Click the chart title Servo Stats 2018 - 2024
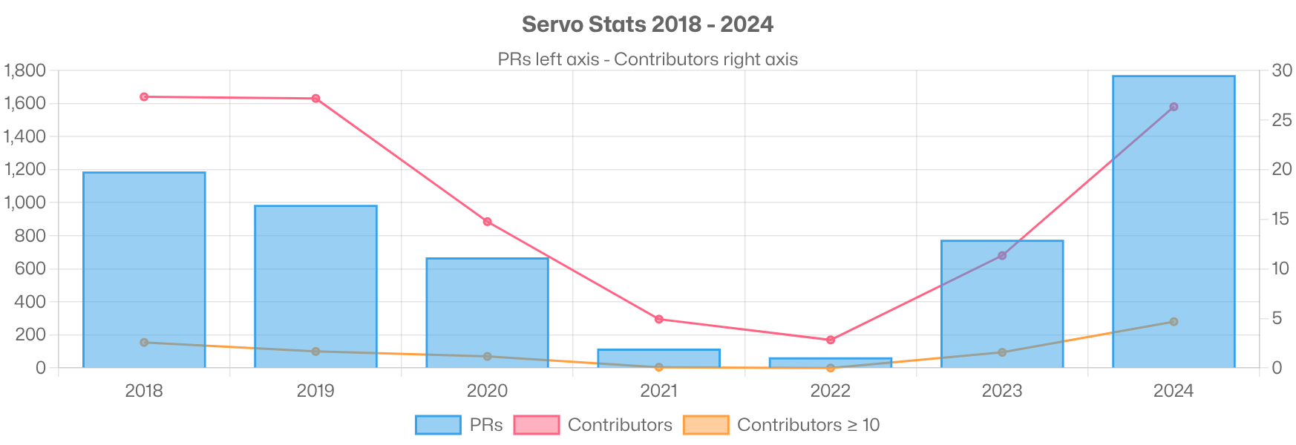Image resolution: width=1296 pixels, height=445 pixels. tap(647, 24)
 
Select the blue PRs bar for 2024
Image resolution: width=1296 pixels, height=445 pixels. tap(1174, 222)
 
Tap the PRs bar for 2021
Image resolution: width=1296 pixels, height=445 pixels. tap(658, 357)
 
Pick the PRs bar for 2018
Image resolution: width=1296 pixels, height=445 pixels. tap(144, 267)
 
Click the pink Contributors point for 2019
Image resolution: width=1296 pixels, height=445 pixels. tap(315, 99)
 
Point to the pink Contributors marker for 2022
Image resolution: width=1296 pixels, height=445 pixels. tap(831, 340)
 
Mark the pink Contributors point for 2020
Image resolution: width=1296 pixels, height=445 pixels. tap(487, 222)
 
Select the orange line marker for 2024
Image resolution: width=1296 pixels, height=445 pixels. tap(1174, 322)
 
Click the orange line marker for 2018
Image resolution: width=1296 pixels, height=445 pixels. tap(144, 343)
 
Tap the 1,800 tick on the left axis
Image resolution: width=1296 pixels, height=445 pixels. tap(25, 70)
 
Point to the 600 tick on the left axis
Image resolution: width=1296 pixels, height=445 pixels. tap(30, 268)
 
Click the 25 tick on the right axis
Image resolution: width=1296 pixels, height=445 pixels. tap(1281, 120)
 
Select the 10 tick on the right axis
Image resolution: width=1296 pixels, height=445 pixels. tap(1281, 268)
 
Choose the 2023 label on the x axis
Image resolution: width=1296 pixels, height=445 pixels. tap(1001, 391)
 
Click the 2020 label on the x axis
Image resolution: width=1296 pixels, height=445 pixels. tap(487, 391)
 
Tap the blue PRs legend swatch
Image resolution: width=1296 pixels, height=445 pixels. tap(437, 425)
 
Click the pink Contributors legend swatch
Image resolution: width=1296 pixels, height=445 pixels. tap(536, 425)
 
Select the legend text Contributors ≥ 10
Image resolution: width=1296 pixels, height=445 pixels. tap(808, 425)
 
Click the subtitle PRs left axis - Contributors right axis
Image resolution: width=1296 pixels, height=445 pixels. tap(647, 59)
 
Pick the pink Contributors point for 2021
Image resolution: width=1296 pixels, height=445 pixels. tap(658, 319)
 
